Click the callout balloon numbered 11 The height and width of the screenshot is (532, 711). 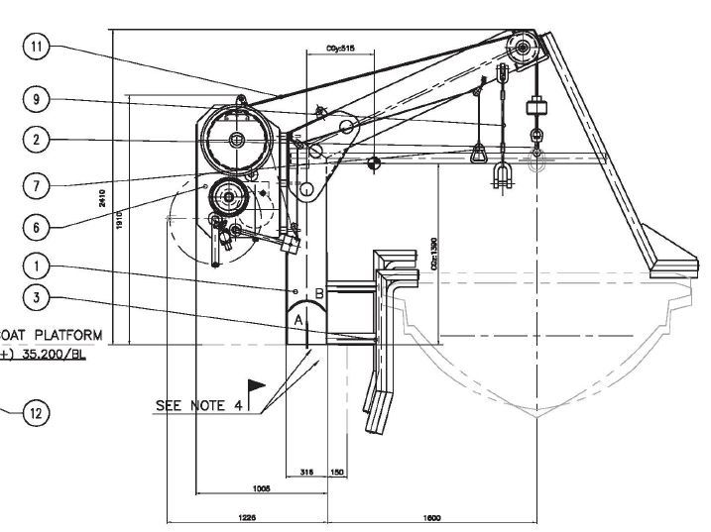click(x=36, y=46)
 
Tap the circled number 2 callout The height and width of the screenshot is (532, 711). click(x=36, y=140)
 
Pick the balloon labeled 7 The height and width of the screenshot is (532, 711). click(x=36, y=184)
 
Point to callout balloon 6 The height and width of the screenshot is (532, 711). click(x=36, y=227)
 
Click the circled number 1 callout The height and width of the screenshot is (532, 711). click(x=36, y=266)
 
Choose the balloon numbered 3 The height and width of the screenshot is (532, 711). click(x=36, y=296)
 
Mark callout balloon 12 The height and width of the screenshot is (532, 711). click(x=36, y=413)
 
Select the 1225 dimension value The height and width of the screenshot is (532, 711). click(x=245, y=517)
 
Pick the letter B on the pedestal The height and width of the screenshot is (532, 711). click(x=319, y=293)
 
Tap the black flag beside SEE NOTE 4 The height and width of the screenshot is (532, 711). click(x=257, y=385)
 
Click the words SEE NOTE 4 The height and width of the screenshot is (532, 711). click(x=197, y=405)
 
